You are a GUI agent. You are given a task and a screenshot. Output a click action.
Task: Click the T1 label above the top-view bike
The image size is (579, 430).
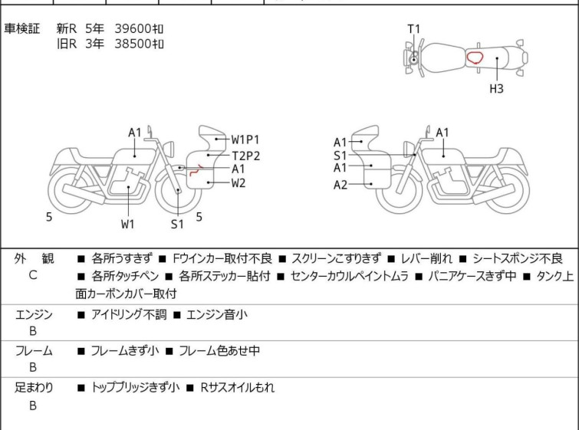click(413, 29)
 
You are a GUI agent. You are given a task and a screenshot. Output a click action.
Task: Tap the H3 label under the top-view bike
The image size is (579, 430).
click(496, 89)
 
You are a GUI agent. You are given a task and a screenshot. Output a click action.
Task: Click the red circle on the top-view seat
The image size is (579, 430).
click(475, 57)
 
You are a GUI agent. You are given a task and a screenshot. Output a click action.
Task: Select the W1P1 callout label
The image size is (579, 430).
click(245, 140)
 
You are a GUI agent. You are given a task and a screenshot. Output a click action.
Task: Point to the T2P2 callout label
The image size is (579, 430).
click(246, 156)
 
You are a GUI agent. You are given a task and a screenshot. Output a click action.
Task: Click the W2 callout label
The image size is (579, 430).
click(239, 183)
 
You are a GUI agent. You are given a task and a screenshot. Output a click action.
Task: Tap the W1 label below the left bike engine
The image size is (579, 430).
click(128, 224)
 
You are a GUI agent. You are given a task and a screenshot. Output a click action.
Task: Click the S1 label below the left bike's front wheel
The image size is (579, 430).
click(177, 224)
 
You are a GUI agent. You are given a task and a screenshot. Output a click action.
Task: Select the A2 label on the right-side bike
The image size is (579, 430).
click(340, 185)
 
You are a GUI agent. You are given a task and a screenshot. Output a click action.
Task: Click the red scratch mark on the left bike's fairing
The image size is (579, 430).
click(196, 170)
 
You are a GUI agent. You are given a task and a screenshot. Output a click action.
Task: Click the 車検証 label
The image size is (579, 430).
click(21, 28)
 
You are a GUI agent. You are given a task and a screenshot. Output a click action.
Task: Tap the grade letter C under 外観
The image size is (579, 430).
click(33, 275)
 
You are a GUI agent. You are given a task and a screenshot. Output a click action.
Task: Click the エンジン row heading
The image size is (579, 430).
click(34, 314)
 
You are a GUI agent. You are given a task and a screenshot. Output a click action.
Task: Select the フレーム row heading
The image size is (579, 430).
click(34, 350)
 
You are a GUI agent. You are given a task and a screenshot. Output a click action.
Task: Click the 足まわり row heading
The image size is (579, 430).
click(34, 387)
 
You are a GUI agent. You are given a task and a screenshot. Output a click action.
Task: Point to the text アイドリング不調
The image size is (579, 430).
click(129, 314)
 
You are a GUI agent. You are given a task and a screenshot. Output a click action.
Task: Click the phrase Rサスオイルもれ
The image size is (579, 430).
click(238, 387)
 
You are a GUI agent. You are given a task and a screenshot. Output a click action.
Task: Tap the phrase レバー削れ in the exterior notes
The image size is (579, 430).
click(426, 258)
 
